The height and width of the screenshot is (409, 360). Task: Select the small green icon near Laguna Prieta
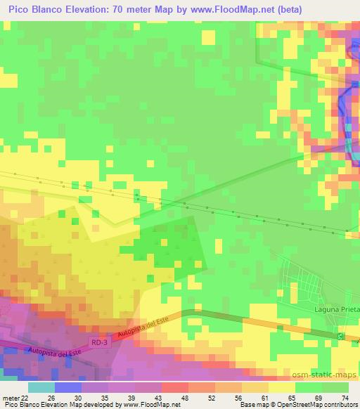pyautogui.click(x=341, y=337)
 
